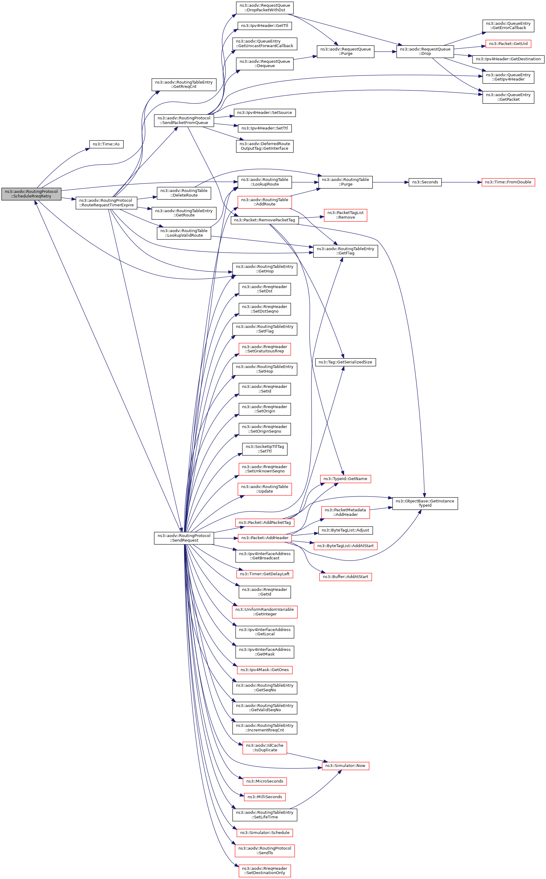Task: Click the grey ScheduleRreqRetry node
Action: [32, 194]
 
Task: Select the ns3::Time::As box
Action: [106, 144]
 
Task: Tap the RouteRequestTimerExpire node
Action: [106, 203]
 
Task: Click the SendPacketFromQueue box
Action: [184, 120]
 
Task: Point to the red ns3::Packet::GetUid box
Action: [508, 44]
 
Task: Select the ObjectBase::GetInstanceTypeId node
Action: [425, 503]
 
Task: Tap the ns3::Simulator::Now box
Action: [345, 766]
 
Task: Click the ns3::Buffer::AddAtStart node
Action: [345, 577]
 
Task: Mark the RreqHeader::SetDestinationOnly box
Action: [265, 870]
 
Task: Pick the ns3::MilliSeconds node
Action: [265, 797]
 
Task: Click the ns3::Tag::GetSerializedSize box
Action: [345, 362]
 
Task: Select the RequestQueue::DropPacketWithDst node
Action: [265, 8]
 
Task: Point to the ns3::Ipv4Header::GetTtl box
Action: [265, 26]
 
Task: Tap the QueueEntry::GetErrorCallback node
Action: [508, 26]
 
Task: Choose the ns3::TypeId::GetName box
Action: [345, 479]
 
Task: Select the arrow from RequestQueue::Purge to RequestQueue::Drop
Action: [385, 52]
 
